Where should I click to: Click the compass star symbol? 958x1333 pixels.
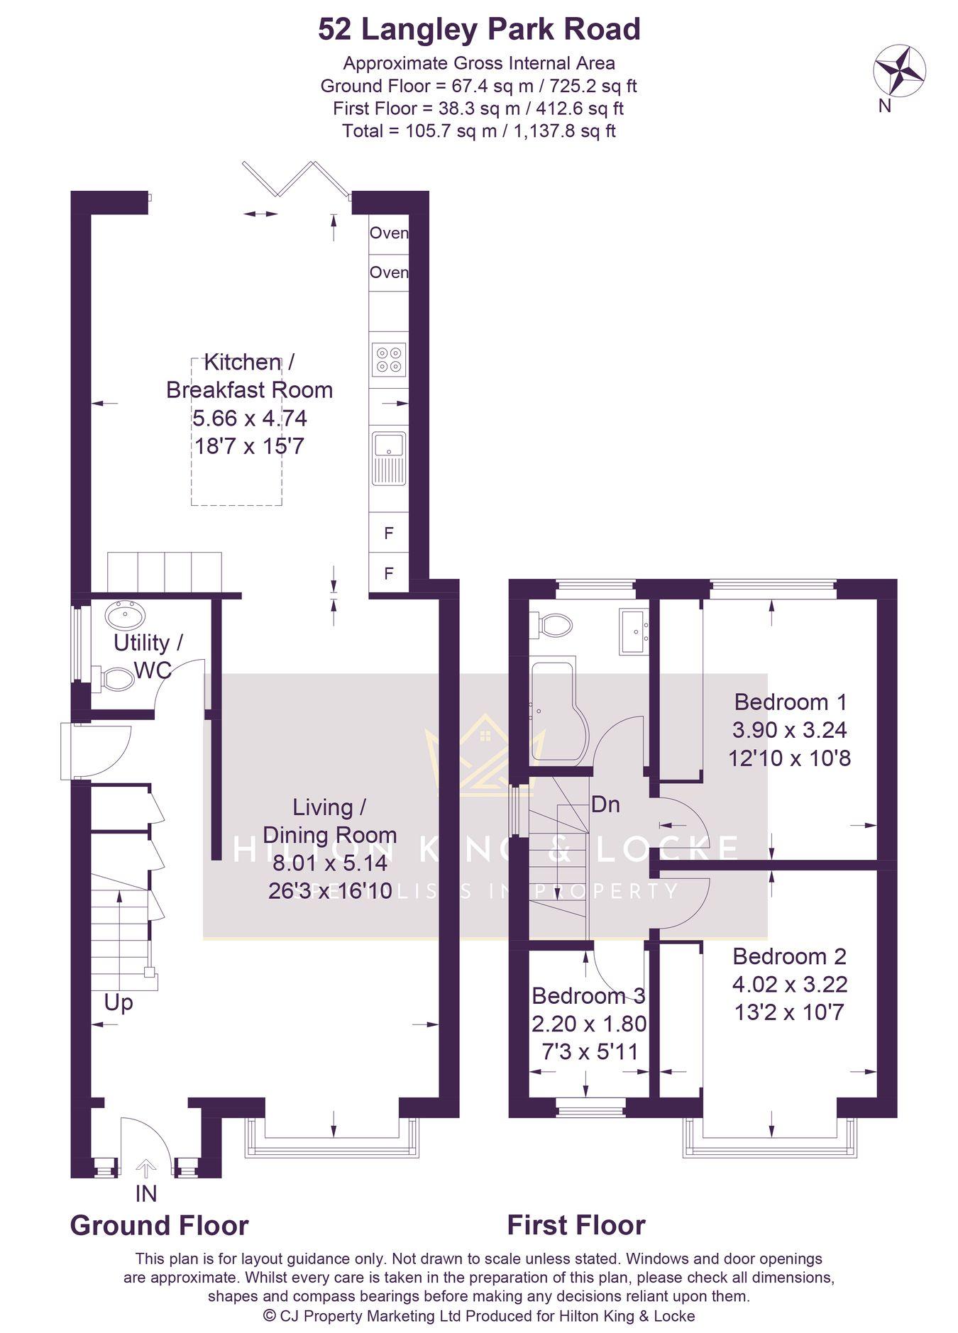(x=899, y=69)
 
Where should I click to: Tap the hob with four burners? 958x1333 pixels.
(x=389, y=359)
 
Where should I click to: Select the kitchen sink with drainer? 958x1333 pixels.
(x=389, y=458)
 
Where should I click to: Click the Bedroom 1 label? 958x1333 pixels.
(x=791, y=702)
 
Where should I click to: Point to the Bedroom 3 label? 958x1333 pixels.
(x=588, y=995)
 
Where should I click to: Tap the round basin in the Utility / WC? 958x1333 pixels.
(x=123, y=614)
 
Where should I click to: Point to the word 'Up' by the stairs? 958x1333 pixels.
(x=119, y=1003)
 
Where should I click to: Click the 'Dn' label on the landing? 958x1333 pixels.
(x=605, y=804)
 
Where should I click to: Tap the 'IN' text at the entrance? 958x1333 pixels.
(x=146, y=1193)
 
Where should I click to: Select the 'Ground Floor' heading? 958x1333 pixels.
(x=159, y=1225)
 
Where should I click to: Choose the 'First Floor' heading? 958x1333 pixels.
(x=576, y=1225)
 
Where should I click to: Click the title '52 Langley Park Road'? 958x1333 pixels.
(x=479, y=30)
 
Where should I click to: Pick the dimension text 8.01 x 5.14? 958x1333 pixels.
(x=330, y=863)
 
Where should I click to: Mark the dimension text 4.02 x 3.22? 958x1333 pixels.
(x=790, y=984)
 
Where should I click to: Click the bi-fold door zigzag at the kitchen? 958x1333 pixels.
(x=296, y=179)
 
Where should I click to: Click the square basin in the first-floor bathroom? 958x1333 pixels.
(x=633, y=630)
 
